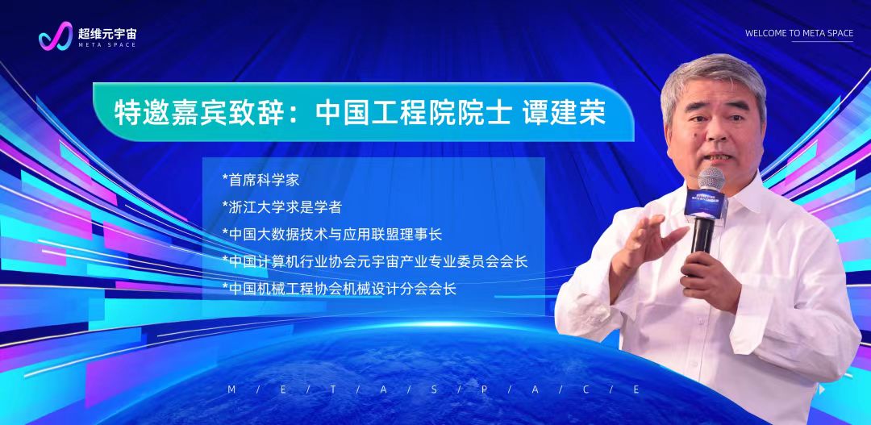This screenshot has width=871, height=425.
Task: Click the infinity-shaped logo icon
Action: pos(56,36)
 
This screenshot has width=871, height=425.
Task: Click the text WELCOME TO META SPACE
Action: pos(798,33)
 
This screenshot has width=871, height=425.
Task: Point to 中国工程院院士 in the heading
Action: pos(413,112)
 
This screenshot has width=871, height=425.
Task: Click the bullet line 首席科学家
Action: pos(260,180)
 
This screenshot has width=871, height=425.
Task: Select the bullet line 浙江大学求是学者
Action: pos(281,207)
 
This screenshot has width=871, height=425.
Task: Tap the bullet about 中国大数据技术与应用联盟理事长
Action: pos(331,235)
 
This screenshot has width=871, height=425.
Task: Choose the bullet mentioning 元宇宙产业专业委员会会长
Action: pos(374,261)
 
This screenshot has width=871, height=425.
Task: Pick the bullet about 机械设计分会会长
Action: pos(339,289)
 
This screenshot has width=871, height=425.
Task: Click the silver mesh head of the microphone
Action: pos(711,179)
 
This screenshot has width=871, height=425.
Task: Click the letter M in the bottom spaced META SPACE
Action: pos(231,390)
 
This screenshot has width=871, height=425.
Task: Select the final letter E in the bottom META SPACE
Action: pos(636,390)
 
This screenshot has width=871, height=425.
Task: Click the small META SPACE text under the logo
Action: pos(107,45)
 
